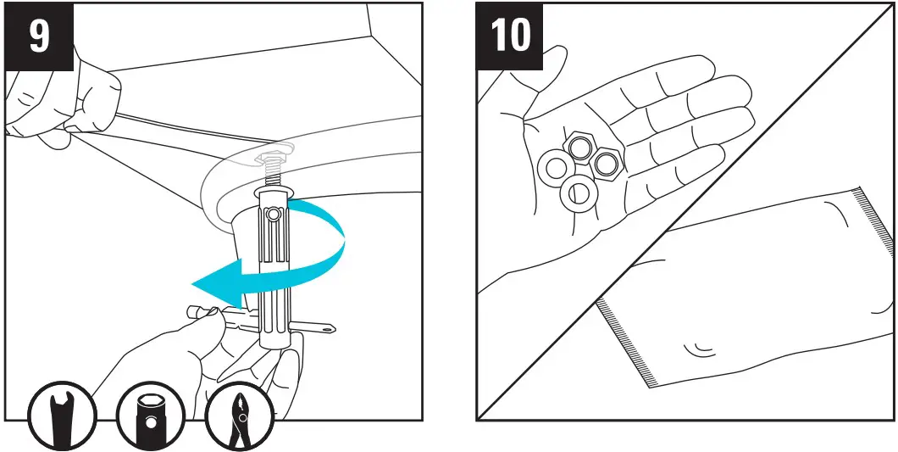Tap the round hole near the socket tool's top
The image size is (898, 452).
point(272,216)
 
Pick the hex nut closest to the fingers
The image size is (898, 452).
point(607,161)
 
